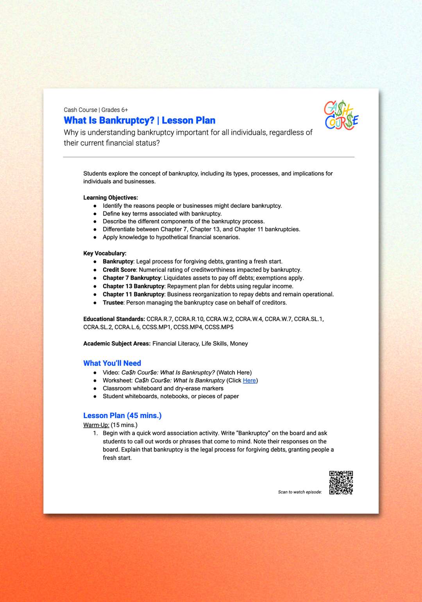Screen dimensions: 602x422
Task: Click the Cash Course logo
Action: pos(341,115)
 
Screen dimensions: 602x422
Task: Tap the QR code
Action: pos(341,483)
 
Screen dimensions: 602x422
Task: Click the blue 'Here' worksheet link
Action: pos(249,380)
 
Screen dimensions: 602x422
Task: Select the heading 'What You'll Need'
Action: pos(112,363)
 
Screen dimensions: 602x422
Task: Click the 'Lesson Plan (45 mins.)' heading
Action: pos(122,415)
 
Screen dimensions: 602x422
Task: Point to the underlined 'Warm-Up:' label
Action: pos(96,425)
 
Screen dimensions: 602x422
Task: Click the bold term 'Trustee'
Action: pos(113,303)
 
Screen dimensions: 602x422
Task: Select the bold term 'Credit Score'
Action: pos(119,270)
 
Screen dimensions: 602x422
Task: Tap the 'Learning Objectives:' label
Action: pos(111,198)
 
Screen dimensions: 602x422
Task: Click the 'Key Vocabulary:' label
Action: pos(105,253)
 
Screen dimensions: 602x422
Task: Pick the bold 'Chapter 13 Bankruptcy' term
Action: pos(133,286)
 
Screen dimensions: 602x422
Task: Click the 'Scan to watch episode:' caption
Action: pos(300,492)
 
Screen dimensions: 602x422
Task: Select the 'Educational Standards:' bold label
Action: pos(114,319)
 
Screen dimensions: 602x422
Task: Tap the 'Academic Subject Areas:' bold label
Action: pos(117,344)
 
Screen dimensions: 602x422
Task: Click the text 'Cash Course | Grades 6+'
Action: pos(96,110)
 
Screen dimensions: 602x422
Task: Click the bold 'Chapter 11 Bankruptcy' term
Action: pos(133,294)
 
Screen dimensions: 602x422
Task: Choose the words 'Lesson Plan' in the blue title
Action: pos(188,120)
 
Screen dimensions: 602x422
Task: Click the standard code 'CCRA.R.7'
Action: pos(159,319)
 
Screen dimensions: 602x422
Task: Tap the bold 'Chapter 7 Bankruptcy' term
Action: pos(132,278)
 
